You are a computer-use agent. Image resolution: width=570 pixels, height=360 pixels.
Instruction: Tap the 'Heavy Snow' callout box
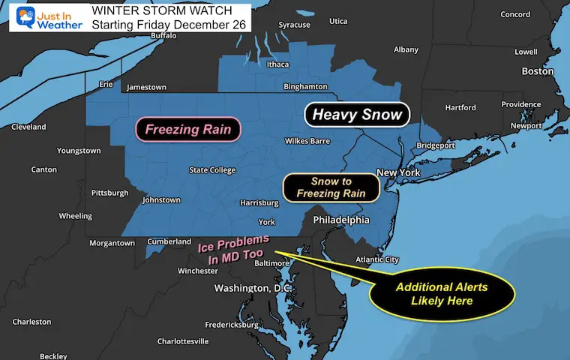(357, 115)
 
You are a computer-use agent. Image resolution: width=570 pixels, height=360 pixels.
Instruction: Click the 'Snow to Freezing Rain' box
(330, 187)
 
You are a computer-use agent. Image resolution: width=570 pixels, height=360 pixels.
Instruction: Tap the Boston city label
(538, 71)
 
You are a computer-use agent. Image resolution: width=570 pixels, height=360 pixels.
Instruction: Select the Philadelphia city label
(342, 220)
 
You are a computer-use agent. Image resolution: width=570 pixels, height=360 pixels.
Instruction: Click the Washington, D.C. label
(253, 288)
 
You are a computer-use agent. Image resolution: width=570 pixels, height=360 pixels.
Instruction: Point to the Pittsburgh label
(109, 193)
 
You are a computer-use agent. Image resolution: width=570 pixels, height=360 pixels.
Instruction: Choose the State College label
(212, 170)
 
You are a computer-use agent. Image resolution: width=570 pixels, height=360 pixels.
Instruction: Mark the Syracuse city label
(294, 25)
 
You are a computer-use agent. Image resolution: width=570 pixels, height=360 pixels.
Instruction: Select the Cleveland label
(28, 127)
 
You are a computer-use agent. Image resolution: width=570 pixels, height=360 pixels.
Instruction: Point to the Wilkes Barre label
(309, 141)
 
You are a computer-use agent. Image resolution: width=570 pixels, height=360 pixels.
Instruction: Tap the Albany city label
(406, 49)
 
